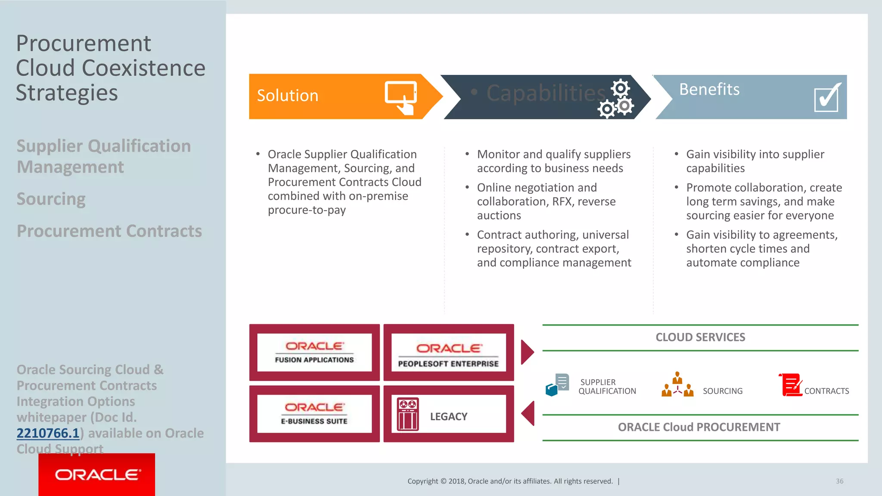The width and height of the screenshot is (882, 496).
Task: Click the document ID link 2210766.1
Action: click(48, 433)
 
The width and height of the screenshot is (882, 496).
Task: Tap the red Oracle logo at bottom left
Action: click(96, 474)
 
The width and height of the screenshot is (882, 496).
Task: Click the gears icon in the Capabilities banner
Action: click(616, 99)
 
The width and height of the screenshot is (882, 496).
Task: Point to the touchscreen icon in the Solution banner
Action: click(401, 97)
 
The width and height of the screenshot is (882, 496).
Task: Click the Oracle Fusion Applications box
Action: click(314, 352)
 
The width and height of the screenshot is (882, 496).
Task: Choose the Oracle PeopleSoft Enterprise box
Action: click(448, 352)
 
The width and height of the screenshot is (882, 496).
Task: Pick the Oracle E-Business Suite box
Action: click(314, 414)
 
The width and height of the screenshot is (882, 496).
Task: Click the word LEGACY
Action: click(448, 416)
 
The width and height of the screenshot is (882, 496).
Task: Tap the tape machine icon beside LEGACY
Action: click(407, 414)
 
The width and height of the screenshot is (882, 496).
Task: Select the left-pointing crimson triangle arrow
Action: click(528, 413)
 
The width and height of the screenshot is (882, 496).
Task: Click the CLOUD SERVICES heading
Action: click(700, 337)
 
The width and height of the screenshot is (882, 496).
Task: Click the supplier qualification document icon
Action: click(557, 384)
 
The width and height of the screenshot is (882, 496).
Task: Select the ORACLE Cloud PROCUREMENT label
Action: click(699, 427)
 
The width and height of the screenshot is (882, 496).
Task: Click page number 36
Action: click(839, 481)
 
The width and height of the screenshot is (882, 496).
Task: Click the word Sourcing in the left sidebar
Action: click(51, 199)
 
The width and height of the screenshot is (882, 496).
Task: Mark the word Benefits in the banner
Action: click(709, 89)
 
